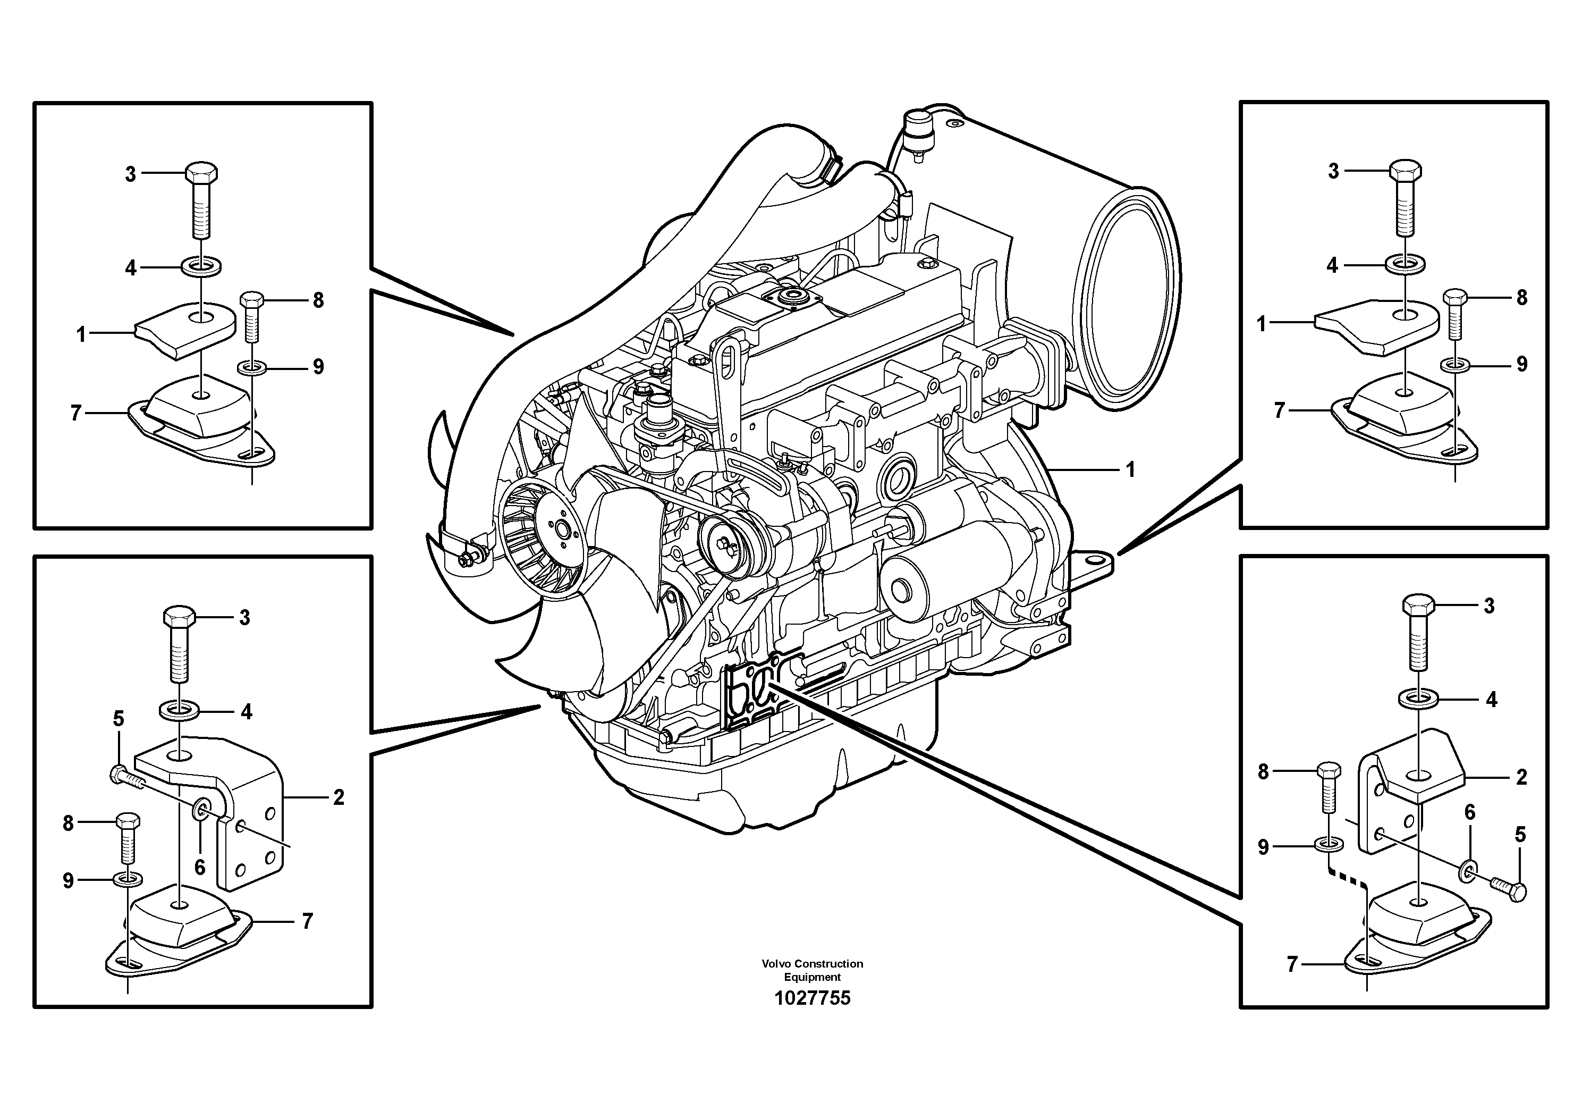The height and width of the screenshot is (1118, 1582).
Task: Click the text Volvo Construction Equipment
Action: (813, 970)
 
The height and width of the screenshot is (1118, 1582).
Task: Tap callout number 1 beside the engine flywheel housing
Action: (1130, 470)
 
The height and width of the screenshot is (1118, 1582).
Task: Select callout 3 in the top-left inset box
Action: (130, 174)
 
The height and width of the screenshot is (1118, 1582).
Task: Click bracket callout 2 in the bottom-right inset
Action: (1521, 778)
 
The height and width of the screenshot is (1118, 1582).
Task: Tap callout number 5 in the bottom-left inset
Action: (119, 719)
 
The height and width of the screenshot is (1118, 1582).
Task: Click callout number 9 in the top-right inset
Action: (1522, 364)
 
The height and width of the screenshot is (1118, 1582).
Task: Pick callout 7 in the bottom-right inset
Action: (1292, 964)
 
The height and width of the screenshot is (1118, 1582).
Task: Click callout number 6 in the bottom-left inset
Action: (199, 867)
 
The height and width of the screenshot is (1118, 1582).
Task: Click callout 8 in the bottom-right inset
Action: (1263, 772)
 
